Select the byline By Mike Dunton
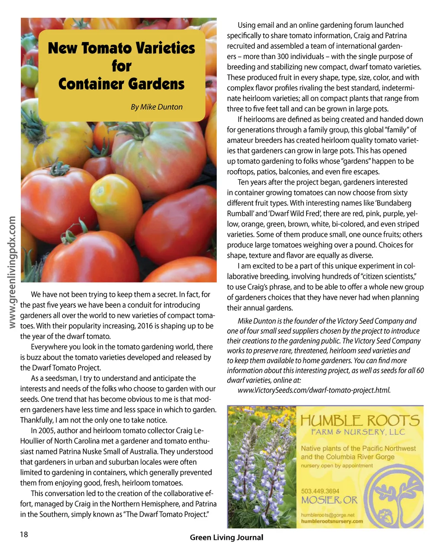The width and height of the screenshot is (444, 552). tap(157, 107)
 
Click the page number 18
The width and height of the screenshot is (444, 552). tap(24, 534)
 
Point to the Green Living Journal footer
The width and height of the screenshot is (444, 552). tap(226, 537)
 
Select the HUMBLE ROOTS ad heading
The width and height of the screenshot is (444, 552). tap(360, 420)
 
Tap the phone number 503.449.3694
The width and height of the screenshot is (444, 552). tap(320, 491)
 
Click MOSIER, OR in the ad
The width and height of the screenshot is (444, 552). tap(329, 500)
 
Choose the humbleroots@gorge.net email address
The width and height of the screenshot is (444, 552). tap(327, 515)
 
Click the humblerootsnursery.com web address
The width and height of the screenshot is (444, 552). tap(332, 521)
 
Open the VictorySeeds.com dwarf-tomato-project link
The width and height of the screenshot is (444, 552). tap(314, 390)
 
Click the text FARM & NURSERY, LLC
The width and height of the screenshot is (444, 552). tap(358, 432)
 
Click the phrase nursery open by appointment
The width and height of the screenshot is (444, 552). tap(337, 466)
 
